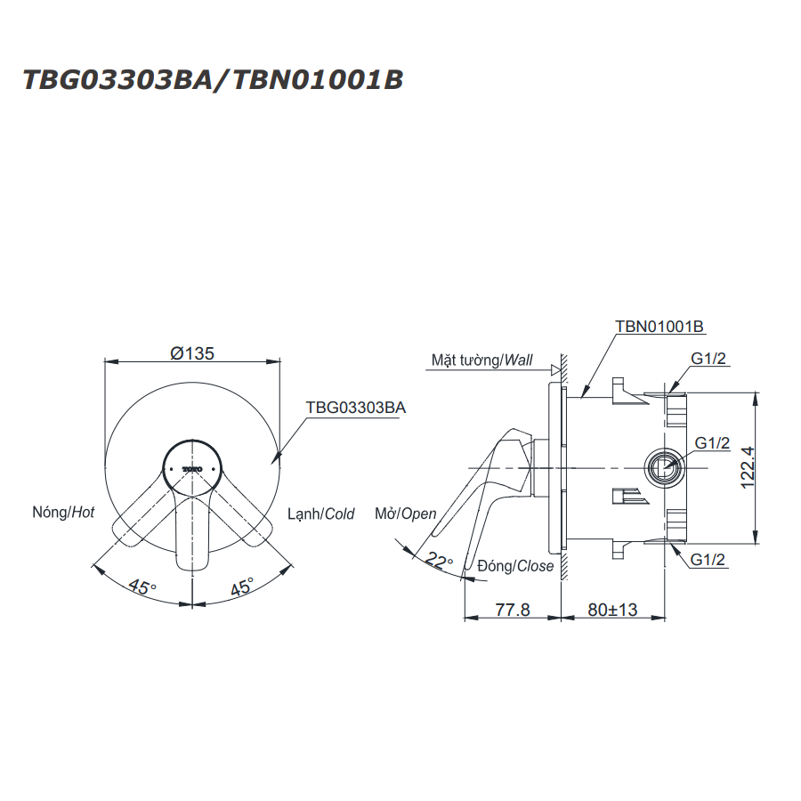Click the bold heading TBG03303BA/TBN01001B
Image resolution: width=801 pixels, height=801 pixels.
tap(213, 81)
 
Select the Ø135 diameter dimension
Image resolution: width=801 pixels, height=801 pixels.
tap(192, 353)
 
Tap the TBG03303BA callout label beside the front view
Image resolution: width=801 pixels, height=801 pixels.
tap(355, 407)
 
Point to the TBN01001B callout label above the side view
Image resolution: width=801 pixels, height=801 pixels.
tap(659, 327)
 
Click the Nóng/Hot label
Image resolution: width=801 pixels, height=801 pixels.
tap(63, 513)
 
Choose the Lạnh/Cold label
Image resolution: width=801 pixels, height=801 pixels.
tap(320, 514)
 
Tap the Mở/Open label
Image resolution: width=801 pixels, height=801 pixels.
tap(406, 514)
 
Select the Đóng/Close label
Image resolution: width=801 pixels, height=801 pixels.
tap(515, 566)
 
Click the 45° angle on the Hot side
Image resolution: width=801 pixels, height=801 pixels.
tap(141, 587)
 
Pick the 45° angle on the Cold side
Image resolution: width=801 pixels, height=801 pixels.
tap(242, 587)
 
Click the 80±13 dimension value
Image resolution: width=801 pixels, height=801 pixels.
tap(612, 610)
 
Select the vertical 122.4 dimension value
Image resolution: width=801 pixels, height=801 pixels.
tap(747, 466)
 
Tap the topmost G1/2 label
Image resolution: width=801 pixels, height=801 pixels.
tap(710, 359)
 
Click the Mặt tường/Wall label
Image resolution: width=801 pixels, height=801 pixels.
tap(482, 360)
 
